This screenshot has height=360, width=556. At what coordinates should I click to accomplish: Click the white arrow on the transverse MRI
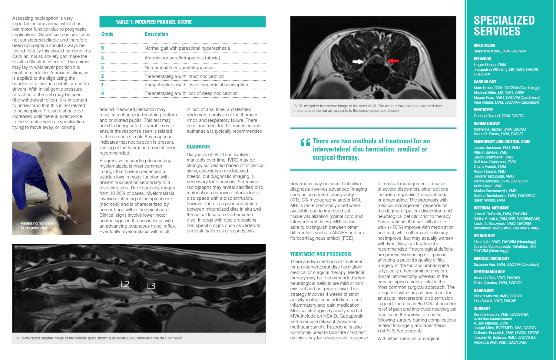click(358, 62)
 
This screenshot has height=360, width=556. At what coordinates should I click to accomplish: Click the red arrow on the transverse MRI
click(393, 61)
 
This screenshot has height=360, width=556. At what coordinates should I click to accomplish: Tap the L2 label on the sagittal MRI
click(125, 284)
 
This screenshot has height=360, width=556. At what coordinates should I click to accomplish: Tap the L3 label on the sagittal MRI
click(151, 286)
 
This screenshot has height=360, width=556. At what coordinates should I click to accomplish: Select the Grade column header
click(107, 34)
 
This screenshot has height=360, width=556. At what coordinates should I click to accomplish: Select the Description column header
click(156, 34)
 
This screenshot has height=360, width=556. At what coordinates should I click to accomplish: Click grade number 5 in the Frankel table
click(102, 48)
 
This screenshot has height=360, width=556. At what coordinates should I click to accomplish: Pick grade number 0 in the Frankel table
click(102, 93)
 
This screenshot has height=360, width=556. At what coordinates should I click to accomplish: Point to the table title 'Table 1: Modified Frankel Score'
click(154, 22)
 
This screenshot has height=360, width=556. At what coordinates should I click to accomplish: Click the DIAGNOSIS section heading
click(198, 147)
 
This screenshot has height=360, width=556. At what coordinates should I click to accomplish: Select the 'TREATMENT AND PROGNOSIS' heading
click(321, 254)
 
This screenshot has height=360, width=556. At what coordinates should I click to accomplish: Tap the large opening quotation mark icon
click(305, 142)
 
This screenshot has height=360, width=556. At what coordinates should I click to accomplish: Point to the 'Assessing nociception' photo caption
click(39, 225)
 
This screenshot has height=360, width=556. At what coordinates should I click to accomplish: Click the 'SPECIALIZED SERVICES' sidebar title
click(504, 26)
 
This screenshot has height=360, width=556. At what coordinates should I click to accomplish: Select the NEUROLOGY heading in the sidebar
click(484, 236)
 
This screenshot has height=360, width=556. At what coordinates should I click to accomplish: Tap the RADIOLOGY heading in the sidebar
click(484, 290)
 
